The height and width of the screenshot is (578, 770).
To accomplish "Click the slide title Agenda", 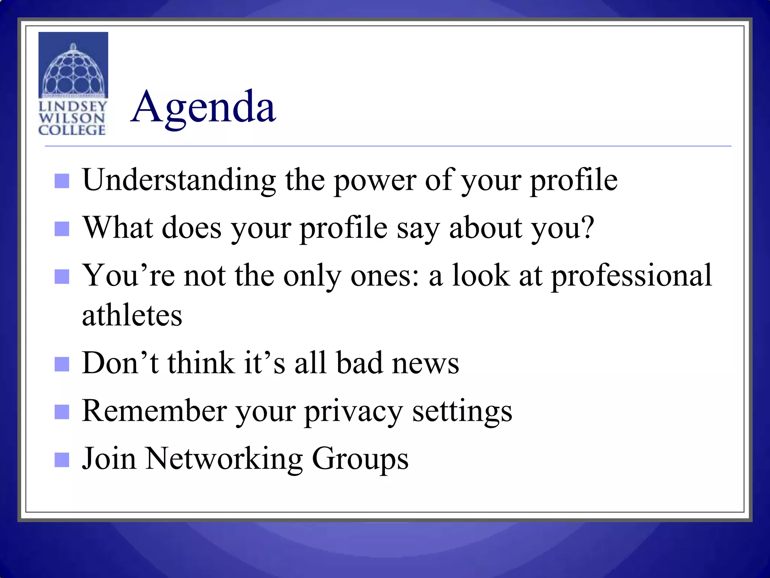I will tap(203, 108).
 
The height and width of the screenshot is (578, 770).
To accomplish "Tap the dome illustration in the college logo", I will tap(73, 71).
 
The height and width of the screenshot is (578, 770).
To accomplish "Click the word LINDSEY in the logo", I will tap(73, 106).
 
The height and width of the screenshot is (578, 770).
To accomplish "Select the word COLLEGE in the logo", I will tap(72, 130).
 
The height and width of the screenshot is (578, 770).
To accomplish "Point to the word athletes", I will tap(132, 315).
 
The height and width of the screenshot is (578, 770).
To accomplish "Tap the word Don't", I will tap(121, 363).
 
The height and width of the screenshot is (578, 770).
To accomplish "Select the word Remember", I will tap(155, 411).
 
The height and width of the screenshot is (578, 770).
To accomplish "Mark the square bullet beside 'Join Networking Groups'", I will tap(62, 459).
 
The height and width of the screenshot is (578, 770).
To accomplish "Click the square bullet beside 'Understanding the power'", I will tap(62, 181).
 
